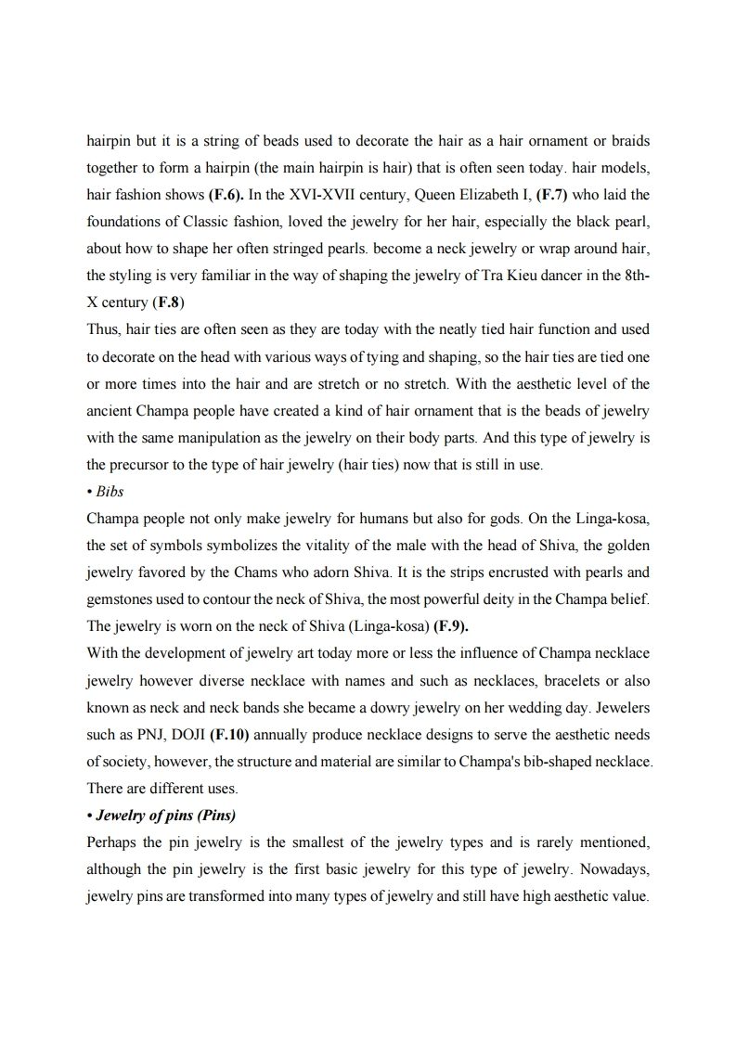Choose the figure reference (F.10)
(230, 734)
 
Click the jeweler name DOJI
(186, 734)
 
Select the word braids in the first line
(630, 141)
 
